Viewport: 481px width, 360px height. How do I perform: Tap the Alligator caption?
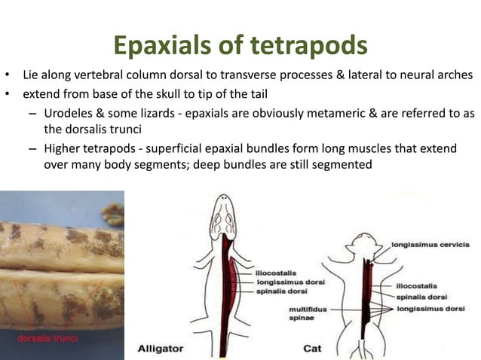coord(161,349)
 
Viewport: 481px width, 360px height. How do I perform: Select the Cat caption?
coord(312,349)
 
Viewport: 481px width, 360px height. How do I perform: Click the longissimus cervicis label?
coord(430,244)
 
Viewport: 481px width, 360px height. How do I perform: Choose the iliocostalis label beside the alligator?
coord(276,273)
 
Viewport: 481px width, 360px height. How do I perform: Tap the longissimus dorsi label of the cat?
coord(431,309)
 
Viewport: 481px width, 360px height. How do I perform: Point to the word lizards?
coord(179,112)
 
